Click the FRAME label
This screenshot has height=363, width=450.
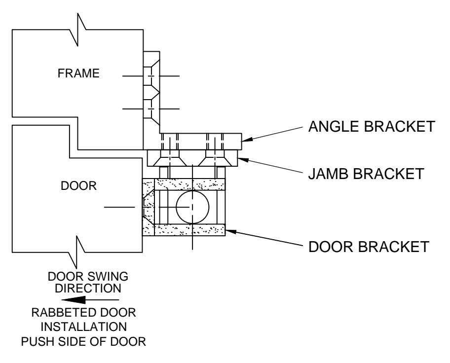click(x=78, y=73)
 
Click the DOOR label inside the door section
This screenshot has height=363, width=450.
click(x=78, y=185)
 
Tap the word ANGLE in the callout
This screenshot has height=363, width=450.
click(x=334, y=127)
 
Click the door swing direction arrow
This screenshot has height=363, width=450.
click(x=90, y=300)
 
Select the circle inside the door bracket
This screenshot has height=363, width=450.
click(x=192, y=190)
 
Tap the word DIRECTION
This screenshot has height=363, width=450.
click(x=88, y=288)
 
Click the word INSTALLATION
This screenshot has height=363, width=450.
click(x=83, y=327)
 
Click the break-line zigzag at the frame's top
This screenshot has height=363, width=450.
click(x=78, y=29)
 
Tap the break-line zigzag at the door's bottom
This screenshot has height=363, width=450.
click(x=77, y=252)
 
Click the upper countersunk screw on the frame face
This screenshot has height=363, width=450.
click(x=151, y=76)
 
